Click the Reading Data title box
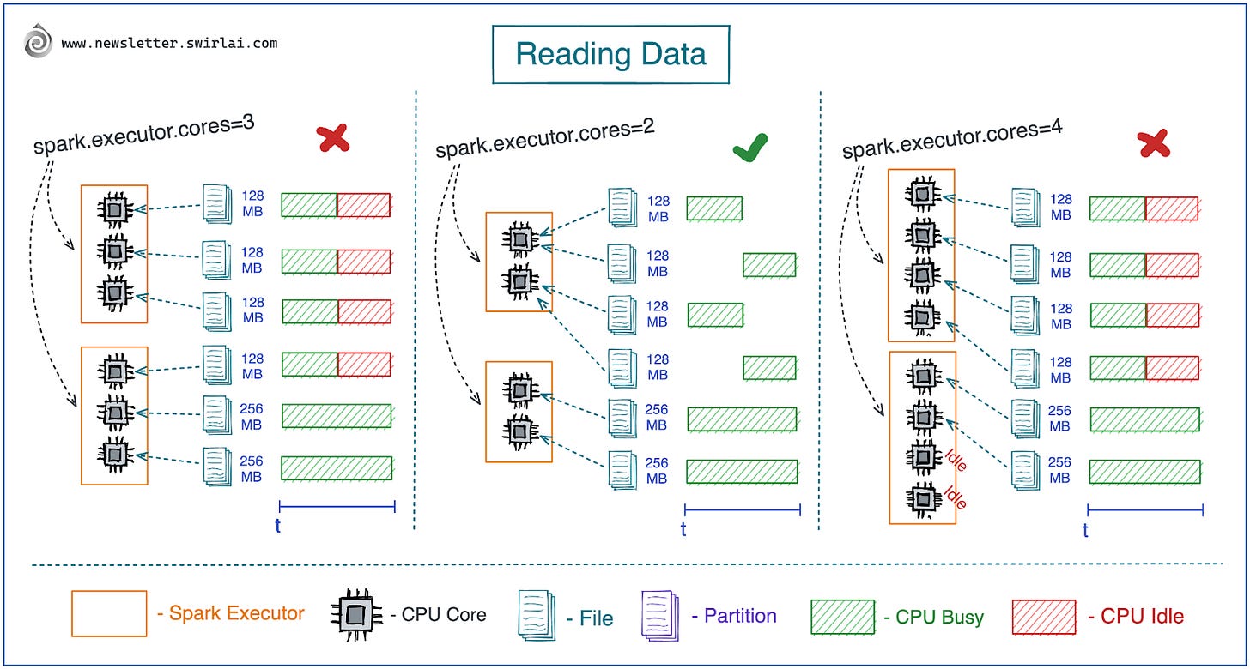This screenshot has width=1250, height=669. point(610,54)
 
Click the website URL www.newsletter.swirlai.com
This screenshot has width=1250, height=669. point(169,43)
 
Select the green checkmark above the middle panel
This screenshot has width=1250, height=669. point(750,148)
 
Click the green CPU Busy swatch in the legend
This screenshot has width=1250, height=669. point(842,615)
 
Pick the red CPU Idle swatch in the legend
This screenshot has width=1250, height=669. point(1043,615)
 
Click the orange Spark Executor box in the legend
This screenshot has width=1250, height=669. point(109,613)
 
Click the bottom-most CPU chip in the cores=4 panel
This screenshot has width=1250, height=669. point(922,498)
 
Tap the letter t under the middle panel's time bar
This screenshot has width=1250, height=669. point(683,529)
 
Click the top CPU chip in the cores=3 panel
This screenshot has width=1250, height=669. point(114,208)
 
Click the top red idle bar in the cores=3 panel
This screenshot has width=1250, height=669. point(363,205)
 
